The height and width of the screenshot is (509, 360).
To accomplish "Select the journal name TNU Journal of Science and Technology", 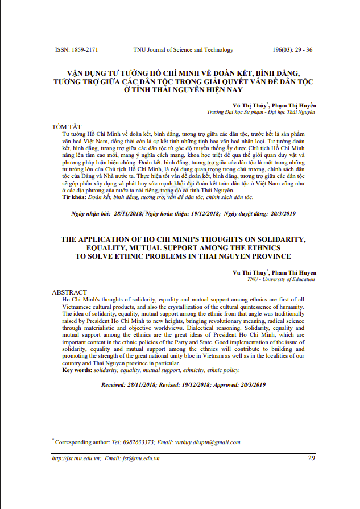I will click(x=183, y=49).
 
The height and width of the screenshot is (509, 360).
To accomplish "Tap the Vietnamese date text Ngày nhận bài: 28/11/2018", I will click(x=106, y=213).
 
